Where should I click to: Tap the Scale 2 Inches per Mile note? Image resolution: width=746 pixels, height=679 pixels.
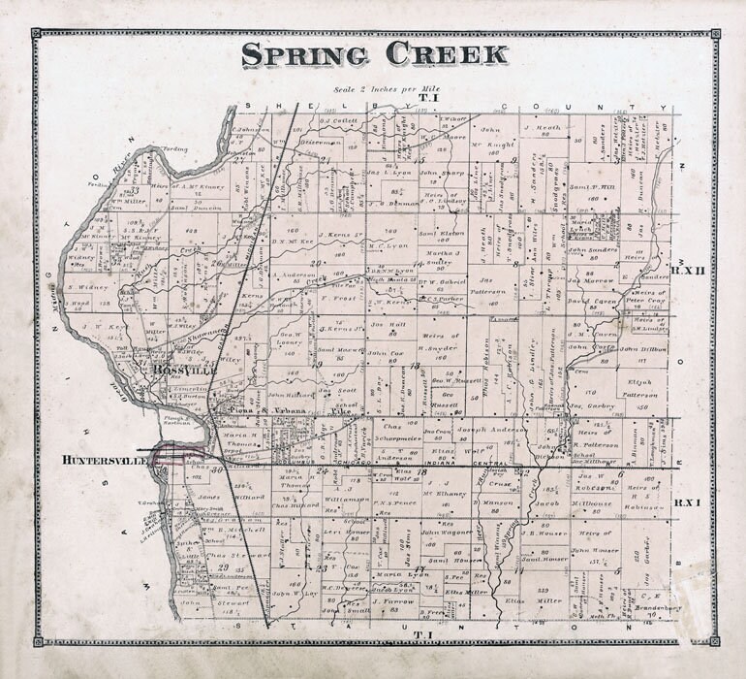pyautogui.click(x=373, y=89)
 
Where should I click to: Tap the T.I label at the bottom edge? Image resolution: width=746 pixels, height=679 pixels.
pyautogui.click(x=422, y=635)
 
